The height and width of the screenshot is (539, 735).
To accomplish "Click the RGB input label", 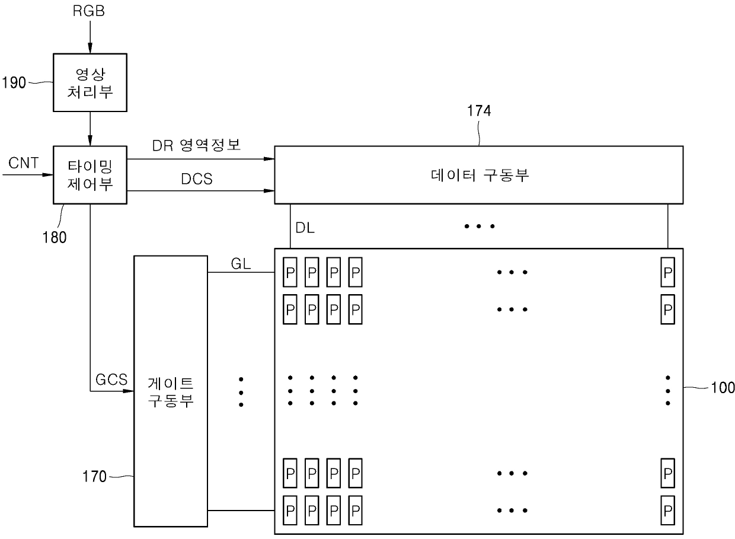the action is tap(88, 11).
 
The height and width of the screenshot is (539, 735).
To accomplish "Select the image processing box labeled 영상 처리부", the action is tap(90, 83).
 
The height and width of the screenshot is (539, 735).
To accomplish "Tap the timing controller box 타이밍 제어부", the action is tap(90, 175).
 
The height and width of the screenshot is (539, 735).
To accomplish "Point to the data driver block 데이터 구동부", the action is tap(479, 175).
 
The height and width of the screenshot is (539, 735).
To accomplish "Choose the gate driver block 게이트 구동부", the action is tap(171, 391).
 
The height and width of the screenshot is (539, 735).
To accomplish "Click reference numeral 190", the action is tap(14, 83).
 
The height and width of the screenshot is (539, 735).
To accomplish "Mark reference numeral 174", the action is tap(479, 111).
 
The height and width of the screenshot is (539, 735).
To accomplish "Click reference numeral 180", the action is tap(55, 237).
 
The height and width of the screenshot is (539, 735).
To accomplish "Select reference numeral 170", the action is tap(94, 477).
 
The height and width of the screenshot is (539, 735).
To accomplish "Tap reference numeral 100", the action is tap(723, 388).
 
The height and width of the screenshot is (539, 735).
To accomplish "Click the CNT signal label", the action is tap(23, 163).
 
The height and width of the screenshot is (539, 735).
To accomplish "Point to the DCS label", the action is tap(197, 179).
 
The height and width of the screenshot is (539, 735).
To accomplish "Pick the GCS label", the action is tap(111, 380).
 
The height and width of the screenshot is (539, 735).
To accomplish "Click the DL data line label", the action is tap(305, 228).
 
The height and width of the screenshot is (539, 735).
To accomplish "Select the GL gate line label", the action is tap(241, 264).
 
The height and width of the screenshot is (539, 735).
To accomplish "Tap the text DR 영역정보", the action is tap(196, 145).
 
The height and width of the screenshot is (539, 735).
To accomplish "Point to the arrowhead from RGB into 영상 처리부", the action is tap(90, 48).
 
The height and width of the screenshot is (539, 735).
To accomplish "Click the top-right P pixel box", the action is tap(668, 272).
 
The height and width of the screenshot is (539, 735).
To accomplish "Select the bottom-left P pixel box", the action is tap(290, 511).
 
